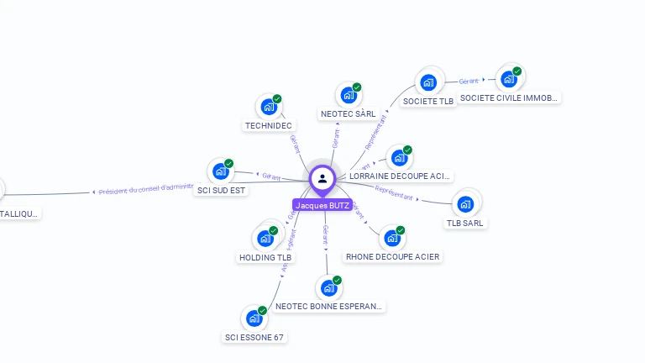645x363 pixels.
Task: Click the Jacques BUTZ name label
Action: click(x=322, y=205)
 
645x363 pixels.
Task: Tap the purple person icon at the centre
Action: click(x=322, y=178)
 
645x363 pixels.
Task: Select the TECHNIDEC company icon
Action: click(x=269, y=107)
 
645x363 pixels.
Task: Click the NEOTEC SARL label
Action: click(x=348, y=113)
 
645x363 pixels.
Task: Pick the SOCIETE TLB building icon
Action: click(x=428, y=82)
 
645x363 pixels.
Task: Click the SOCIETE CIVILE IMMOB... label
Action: click(x=509, y=97)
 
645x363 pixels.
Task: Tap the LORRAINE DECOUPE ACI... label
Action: click(x=400, y=176)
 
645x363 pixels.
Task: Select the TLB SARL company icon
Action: click(x=465, y=203)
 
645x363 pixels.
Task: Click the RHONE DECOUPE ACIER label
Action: click(x=392, y=256)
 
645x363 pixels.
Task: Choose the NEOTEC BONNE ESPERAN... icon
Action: click(x=329, y=288)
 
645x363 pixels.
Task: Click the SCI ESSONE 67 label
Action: click(x=254, y=337)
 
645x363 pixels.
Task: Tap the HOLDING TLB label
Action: click(x=266, y=257)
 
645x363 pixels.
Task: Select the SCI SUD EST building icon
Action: click(x=221, y=171)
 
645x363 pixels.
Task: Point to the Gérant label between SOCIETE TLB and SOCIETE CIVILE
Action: click(x=469, y=82)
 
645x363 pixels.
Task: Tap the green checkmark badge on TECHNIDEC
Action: click(x=277, y=98)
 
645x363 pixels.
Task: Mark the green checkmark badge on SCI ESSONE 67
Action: click(x=262, y=311)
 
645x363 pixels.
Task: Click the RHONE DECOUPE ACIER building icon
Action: click(x=391, y=238)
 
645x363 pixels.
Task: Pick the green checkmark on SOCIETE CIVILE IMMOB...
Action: click(x=517, y=71)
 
